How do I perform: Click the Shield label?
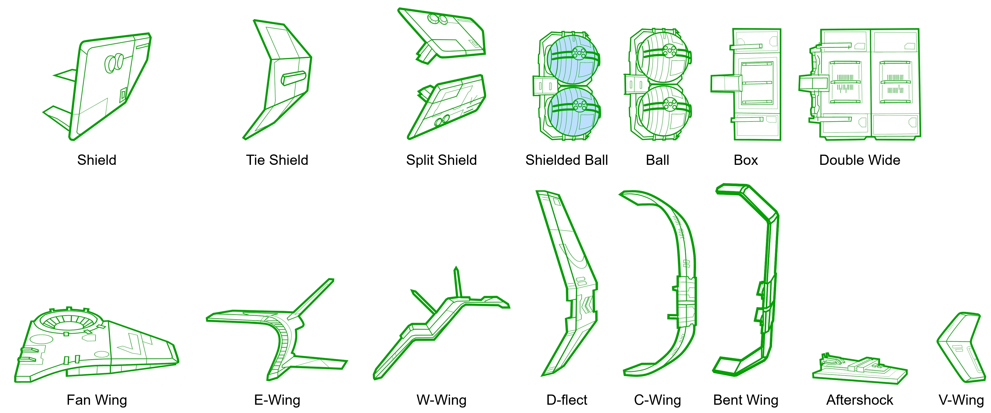point(96,160)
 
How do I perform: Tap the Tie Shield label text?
point(277,160)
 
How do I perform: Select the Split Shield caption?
point(441,160)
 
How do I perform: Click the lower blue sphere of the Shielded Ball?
point(573,112)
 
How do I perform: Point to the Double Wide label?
point(860,160)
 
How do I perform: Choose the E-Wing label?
point(277,400)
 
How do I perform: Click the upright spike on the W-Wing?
point(457,282)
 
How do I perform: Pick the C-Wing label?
point(657,400)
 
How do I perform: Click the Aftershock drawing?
point(860,369)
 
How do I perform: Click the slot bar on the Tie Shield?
point(294,78)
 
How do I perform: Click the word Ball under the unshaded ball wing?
point(657,160)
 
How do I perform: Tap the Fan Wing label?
point(96,400)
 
